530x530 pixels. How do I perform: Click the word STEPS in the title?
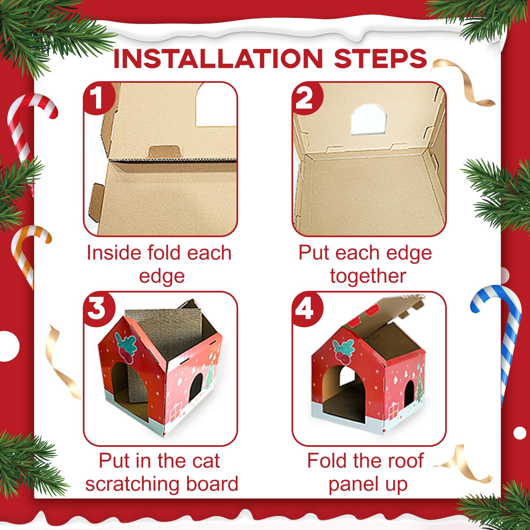click(x=380, y=59)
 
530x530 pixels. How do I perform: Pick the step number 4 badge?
click(x=307, y=309)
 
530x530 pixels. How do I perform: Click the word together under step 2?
click(x=368, y=276)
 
